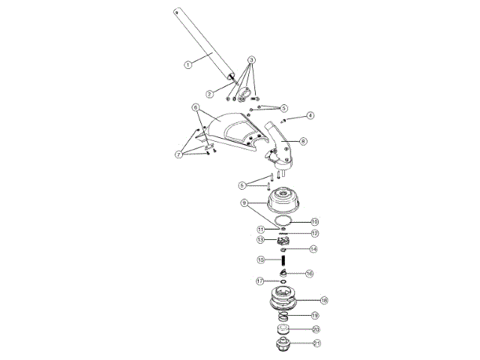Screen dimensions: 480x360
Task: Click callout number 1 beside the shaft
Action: [189, 64]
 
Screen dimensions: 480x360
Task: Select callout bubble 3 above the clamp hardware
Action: [252, 59]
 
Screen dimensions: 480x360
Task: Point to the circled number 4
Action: [310, 115]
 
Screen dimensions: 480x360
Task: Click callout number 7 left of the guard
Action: [178, 154]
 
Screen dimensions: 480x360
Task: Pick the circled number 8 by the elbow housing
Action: [303, 140]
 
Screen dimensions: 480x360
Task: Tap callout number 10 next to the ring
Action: [315, 222]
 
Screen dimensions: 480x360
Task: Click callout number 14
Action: [313, 248]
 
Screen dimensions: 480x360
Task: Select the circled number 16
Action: [309, 274]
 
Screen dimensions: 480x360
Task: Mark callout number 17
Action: [260, 281]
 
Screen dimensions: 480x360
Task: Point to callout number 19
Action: [315, 316]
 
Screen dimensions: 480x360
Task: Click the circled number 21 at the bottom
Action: [316, 343]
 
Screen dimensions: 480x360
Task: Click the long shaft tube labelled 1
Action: [202, 45]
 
